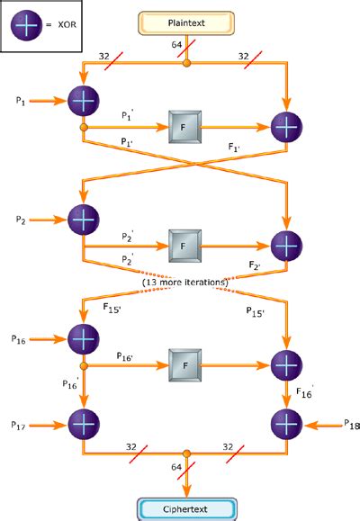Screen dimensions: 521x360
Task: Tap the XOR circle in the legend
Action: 26,27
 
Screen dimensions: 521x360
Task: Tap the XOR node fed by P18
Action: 285,422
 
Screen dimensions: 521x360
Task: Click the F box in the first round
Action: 184,128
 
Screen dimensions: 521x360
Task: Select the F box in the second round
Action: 184,245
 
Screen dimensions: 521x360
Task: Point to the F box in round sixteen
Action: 184,365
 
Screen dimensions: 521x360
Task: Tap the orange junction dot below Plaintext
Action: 186,63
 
